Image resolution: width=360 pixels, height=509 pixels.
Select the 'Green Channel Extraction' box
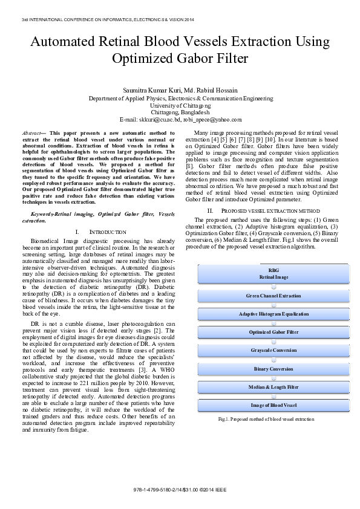(x=273, y=296)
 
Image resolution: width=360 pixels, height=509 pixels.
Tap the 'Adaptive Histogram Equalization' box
(x=273, y=314)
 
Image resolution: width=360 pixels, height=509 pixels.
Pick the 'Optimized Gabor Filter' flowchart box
(x=273, y=332)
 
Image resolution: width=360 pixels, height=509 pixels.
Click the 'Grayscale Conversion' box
(x=273, y=350)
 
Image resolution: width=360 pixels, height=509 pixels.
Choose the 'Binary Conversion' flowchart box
(x=273, y=368)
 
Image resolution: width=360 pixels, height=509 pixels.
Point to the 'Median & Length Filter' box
(x=273, y=386)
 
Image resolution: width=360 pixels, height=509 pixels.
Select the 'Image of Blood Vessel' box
(x=273, y=404)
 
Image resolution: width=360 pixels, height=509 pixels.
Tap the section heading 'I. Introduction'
(x=100, y=232)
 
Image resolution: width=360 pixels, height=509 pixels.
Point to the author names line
(x=180, y=90)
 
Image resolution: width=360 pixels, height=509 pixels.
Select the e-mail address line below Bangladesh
(x=180, y=120)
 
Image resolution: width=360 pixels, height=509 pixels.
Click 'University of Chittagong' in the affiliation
(x=180, y=105)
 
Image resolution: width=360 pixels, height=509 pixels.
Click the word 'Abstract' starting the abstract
(x=32, y=132)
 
